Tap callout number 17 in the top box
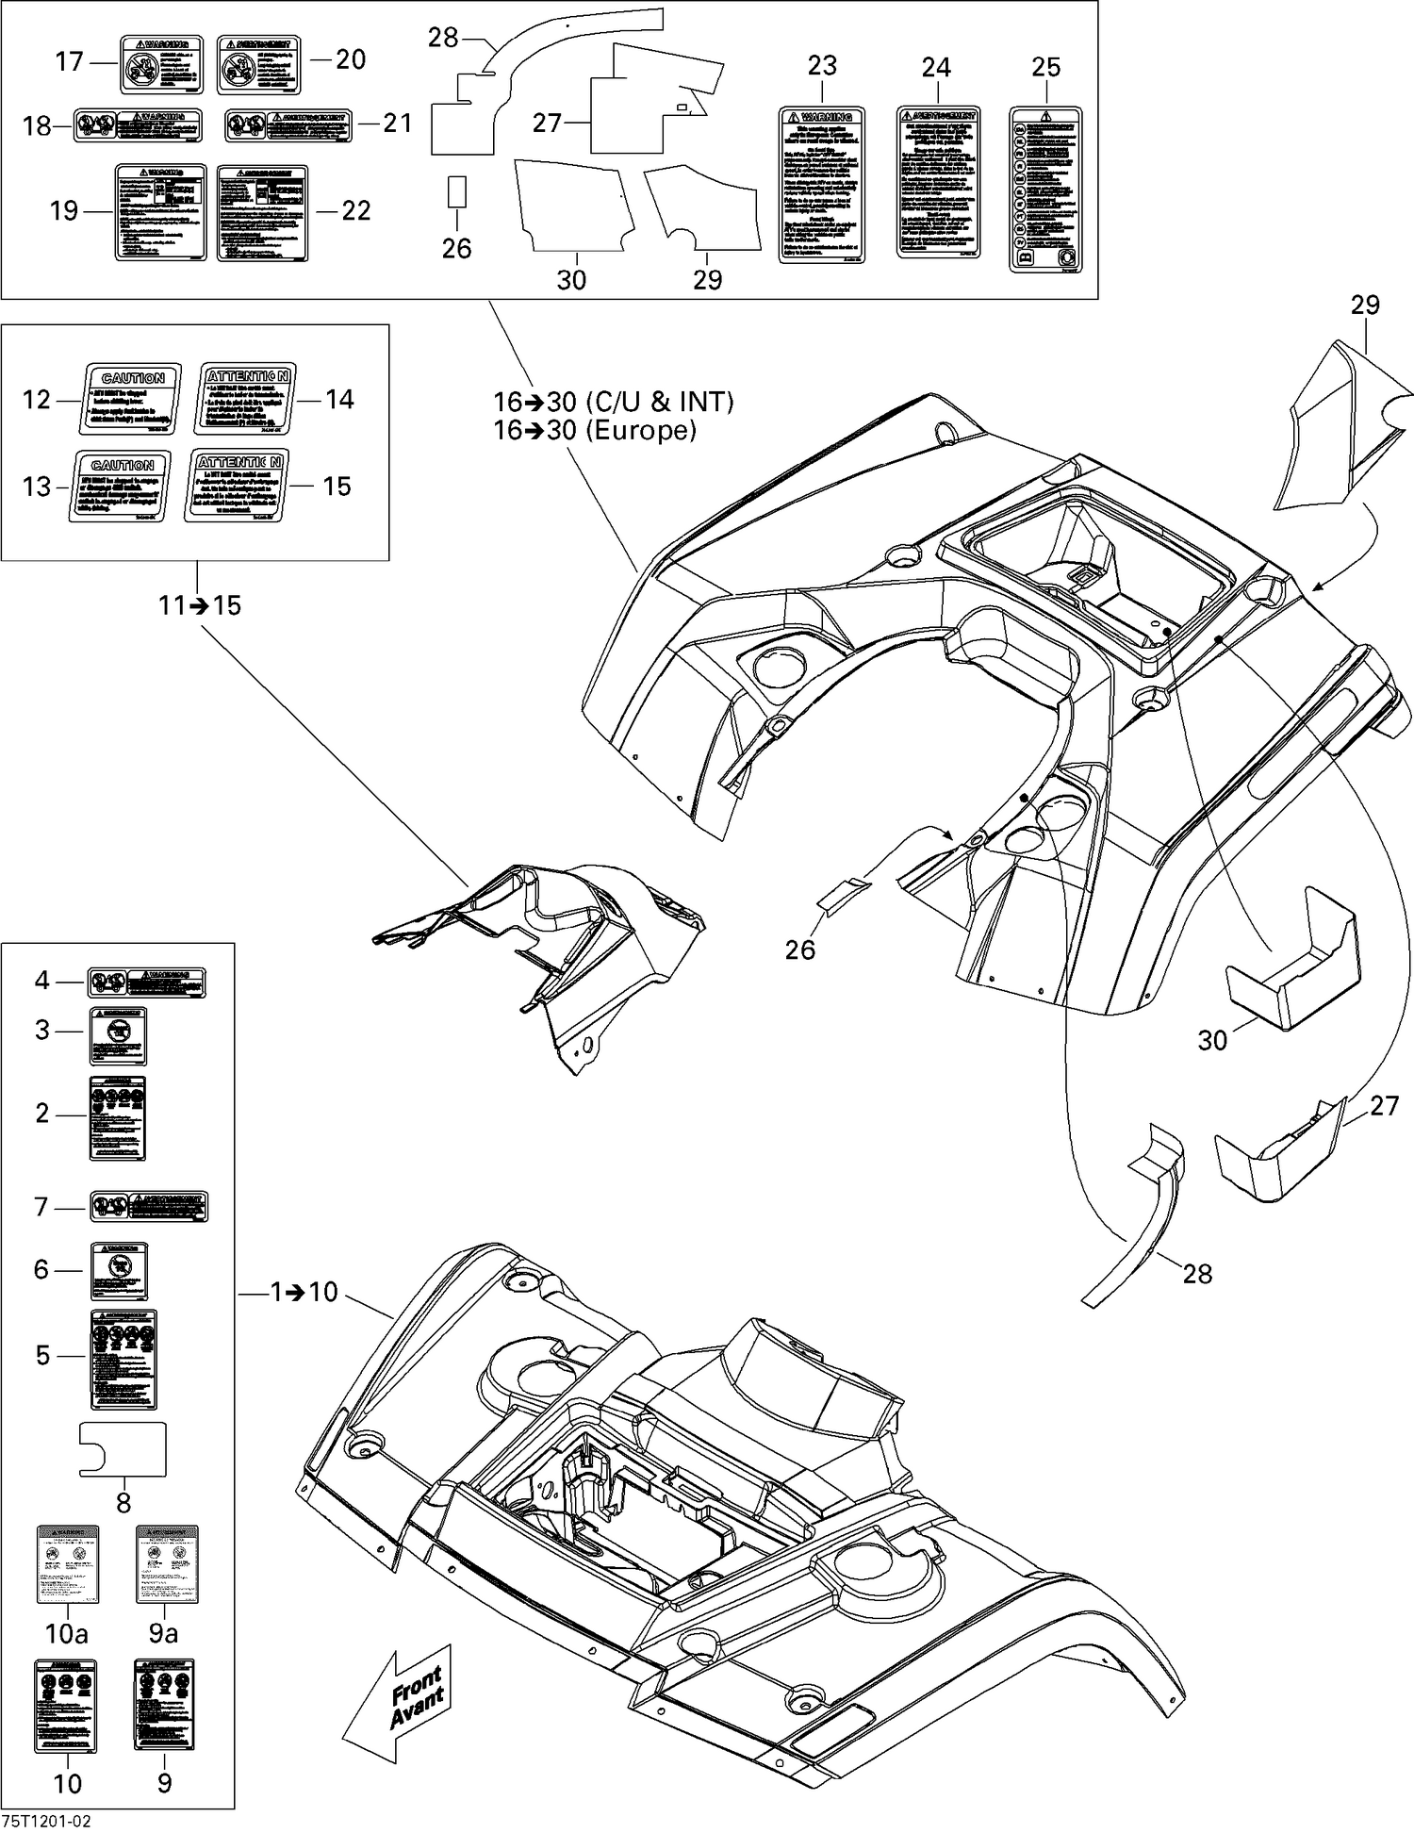point(69,62)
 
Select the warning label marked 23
point(822,185)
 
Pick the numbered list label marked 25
point(1045,190)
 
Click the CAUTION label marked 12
point(130,398)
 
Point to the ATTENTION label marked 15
point(236,485)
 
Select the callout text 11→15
point(200,604)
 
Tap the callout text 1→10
point(304,1291)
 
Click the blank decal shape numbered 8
point(123,1447)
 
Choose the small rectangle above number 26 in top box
point(457,191)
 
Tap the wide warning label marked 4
point(147,983)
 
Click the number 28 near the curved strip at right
point(1196,1274)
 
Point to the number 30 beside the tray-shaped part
point(1212,1040)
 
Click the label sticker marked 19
point(160,212)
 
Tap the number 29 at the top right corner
point(1364,305)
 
